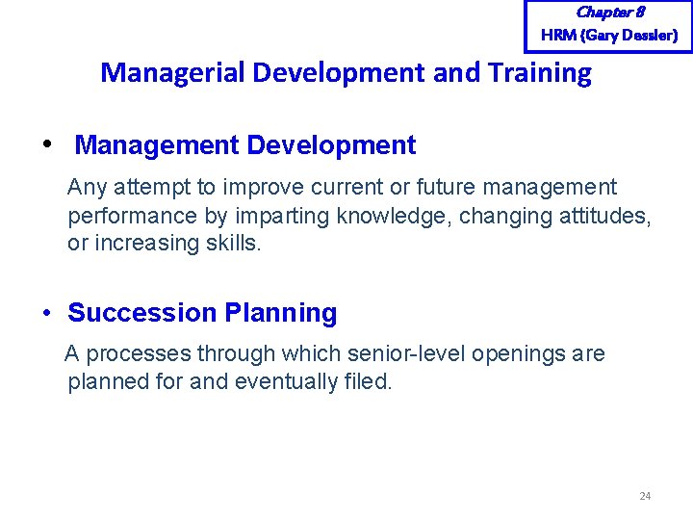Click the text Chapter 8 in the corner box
point(609,13)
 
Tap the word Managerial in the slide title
point(169,72)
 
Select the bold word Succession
point(142,313)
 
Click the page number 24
point(645,496)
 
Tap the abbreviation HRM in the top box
point(559,36)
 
